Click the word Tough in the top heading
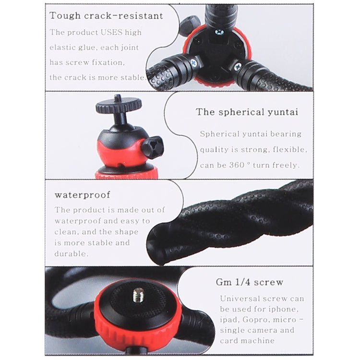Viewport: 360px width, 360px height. [x=64, y=15]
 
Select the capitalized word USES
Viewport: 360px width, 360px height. [x=112, y=33]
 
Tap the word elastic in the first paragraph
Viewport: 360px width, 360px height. [x=65, y=48]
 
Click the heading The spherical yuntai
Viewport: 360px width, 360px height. [x=247, y=112]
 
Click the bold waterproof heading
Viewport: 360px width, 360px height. [x=82, y=195]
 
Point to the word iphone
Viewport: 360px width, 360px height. [x=288, y=309]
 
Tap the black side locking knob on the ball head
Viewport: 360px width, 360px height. [x=152, y=147]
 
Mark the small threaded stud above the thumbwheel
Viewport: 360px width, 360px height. [x=117, y=97]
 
